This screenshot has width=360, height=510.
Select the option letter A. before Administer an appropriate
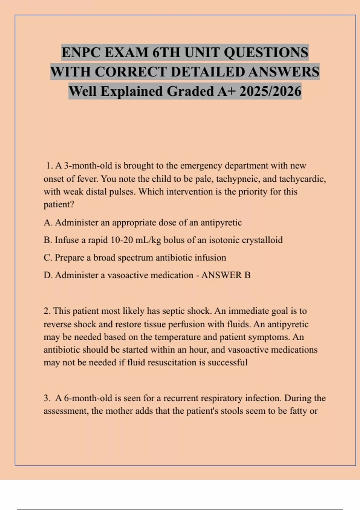[48, 223]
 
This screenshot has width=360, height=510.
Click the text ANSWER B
[226, 275]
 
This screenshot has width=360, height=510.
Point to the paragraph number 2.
[47, 311]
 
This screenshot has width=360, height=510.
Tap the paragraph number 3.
[47, 398]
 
